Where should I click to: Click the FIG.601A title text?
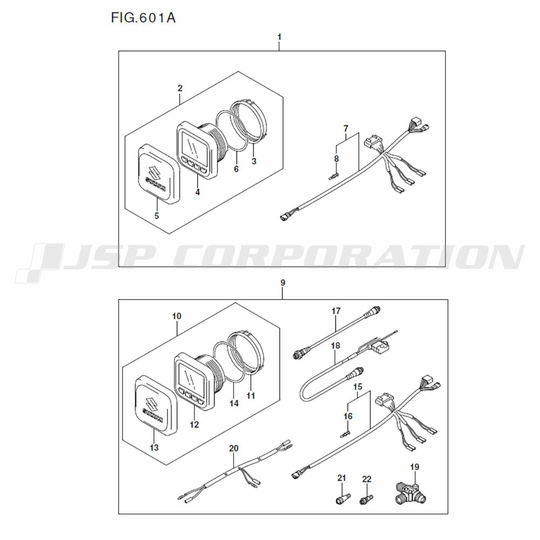click(143, 18)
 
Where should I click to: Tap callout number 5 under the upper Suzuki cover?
click(157, 216)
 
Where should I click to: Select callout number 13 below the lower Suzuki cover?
click(154, 447)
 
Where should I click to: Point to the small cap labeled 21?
click(343, 498)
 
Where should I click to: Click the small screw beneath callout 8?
click(333, 177)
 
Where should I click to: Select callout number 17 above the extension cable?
click(336, 311)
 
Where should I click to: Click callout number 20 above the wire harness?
click(233, 448)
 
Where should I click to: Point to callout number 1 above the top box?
click(279, 37)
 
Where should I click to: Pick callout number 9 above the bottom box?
click(283, 283)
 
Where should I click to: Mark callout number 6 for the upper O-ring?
click(237, 168)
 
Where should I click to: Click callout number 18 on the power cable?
click(335, 345)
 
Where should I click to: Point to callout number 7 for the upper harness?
click(346, 129)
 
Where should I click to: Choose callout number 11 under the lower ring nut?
click(251, 396)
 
